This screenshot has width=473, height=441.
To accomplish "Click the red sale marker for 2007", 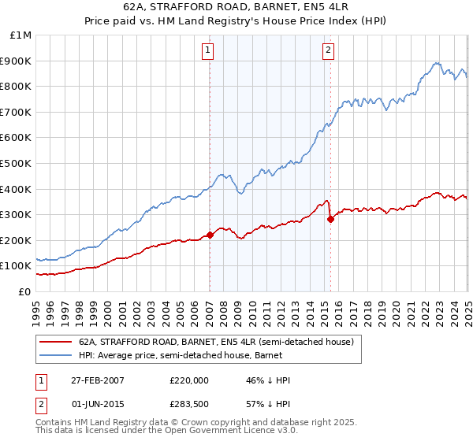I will tap(210, 235).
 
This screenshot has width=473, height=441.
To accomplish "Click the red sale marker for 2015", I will tap(330, 219).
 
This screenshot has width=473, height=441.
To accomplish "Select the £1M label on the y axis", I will tap(21, 35).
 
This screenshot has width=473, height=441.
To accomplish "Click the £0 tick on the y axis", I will tap(25, 291).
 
